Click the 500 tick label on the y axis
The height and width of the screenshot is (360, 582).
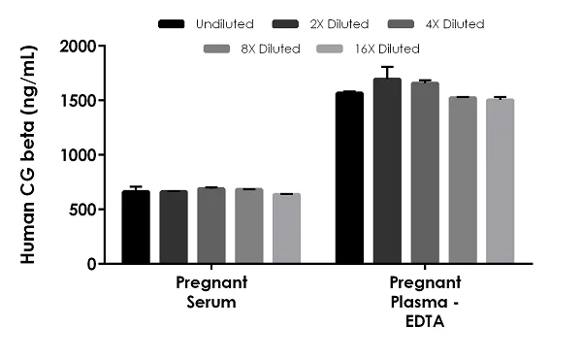click(85, 210)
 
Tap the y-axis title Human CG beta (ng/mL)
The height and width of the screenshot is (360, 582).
click(28, 155)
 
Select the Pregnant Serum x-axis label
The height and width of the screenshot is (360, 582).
click(211, 291)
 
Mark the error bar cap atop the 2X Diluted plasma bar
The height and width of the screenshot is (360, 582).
click(387, 67)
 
